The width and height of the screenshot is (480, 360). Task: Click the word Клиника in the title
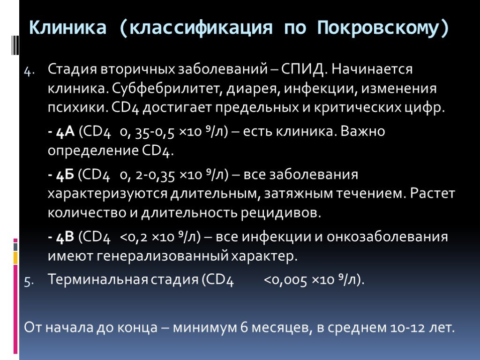click(x=67, y=28)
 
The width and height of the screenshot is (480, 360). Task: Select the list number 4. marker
click(x=30, y=72)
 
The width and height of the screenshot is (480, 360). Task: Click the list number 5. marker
click(x=29, y=281)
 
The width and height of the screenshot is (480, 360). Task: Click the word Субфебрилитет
click(x=166, y=89)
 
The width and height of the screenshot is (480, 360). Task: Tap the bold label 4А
click(x=66, y=132)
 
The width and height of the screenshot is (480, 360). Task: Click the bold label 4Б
click(x=65, y=175)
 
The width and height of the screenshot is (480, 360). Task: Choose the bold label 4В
click(x=65, y=237)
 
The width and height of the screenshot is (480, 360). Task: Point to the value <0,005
click(x=285, y=280)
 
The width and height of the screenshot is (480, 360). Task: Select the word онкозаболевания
click(x=387, y=237)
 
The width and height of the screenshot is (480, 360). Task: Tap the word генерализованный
click(x=163, y=256)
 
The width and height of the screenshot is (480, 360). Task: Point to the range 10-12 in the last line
click(x=408, y=328)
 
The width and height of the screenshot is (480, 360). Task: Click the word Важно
click(x=363, y=131)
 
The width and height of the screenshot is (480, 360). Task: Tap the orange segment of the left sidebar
click(x=15, y=258)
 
